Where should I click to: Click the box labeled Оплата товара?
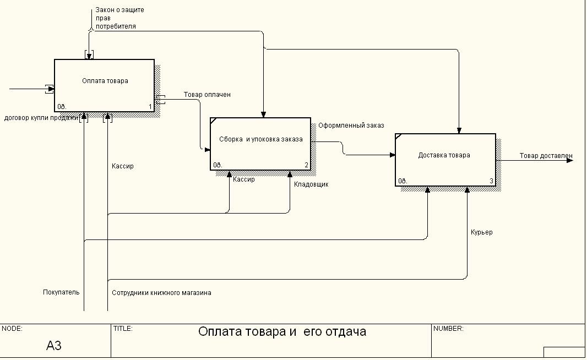104,85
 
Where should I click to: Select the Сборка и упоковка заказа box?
260,144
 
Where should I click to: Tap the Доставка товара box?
445,160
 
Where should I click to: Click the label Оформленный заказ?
351,126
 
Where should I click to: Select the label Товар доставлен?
546,156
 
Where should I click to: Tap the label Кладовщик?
311,184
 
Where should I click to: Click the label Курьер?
481,232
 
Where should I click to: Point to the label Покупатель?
61,292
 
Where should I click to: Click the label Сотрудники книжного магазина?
161,293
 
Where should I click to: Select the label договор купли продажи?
41,117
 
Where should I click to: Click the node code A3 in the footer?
54,346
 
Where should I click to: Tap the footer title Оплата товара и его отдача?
282,332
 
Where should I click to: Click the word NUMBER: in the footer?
449,329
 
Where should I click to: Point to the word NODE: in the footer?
12,329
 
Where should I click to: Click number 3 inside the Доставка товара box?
491,181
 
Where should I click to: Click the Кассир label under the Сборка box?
244,179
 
